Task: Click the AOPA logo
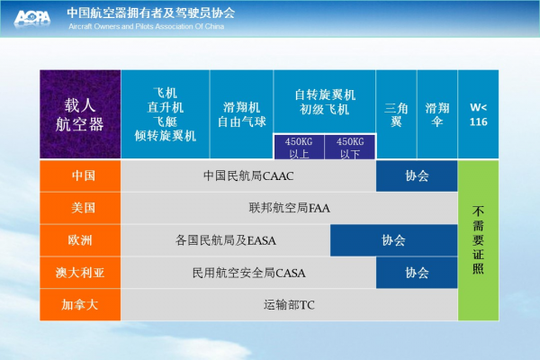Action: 32,18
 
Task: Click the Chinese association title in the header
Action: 151,13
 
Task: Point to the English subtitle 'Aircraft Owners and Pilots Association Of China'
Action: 147,26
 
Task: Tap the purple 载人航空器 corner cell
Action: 80,114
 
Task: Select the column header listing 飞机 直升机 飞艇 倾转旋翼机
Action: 166,114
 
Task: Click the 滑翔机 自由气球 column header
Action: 241,114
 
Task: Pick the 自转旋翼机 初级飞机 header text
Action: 325,102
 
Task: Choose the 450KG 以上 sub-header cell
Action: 299,147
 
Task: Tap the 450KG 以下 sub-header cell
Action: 350,147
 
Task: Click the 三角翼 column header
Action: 396,114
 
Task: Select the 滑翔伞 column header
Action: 437,114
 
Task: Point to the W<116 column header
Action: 479,114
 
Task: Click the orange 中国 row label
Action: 80,175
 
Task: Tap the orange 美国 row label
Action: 80,208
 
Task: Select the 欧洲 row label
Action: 80,240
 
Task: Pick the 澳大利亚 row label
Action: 80,273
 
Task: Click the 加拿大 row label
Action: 80,304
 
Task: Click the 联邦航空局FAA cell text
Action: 289,208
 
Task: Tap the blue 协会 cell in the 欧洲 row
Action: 393,240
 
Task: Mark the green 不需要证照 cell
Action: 479,240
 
